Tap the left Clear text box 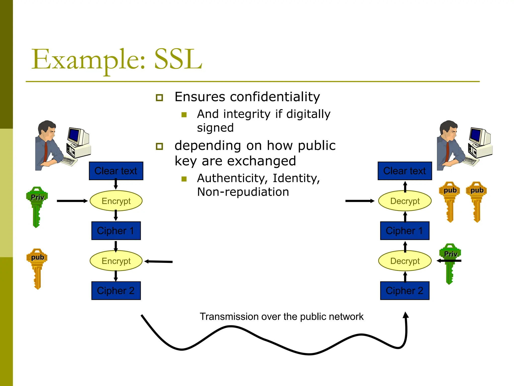click(116, 171)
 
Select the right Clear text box click(405, 171)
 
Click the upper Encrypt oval click(116, 201)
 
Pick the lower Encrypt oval click(116, 261)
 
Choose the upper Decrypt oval click(405, 201)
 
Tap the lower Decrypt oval click(405, 261)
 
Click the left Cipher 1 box click(116, 231)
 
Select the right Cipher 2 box click(405, 291)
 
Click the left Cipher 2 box click(116, 291)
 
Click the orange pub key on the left click(37, 266)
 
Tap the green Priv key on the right click(450, 261)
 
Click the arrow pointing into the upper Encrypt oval click(72, 201)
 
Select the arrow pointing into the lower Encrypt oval click(159, 262)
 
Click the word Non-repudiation click(243, 192)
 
